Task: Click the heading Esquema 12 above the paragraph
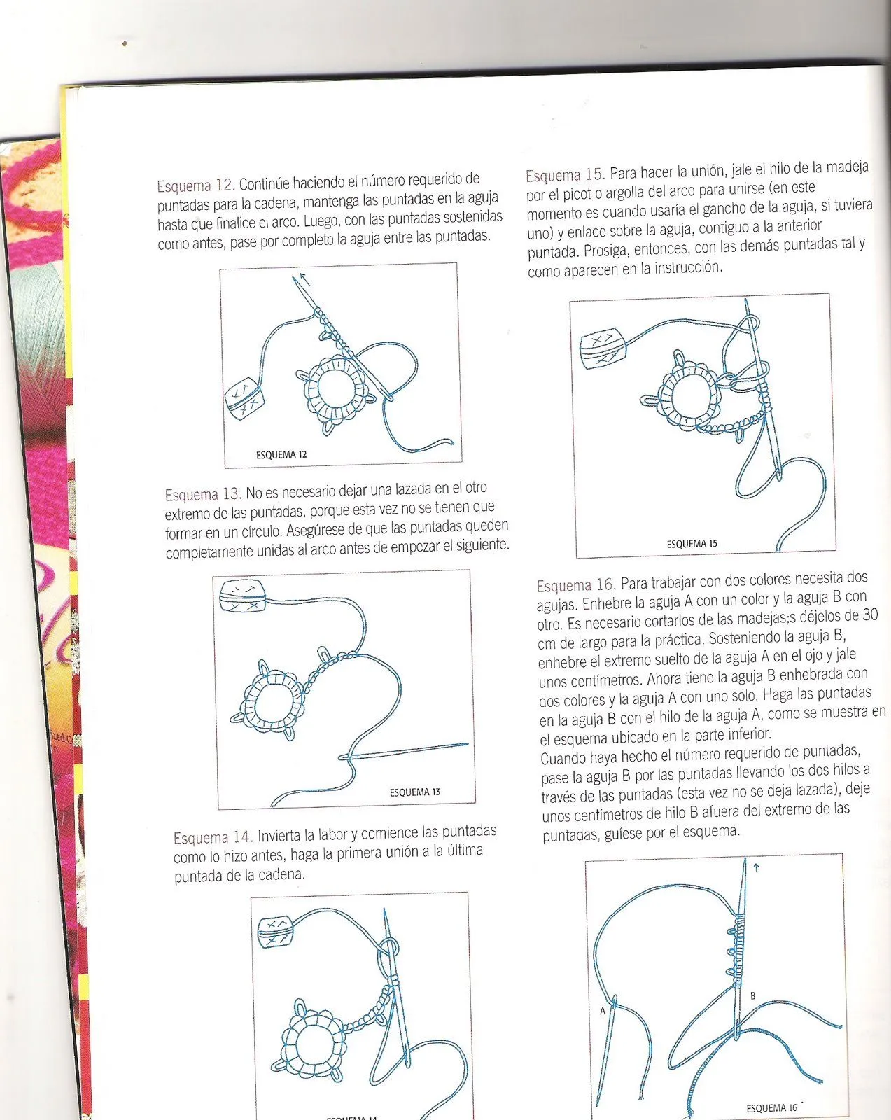click(194, 186)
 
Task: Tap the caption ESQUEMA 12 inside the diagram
click(281, 455)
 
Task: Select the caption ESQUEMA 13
click(415, 792)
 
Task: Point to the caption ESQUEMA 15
click(692, 544)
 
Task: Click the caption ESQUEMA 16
click(771, 1108)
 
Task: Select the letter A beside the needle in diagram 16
click(603, 1011)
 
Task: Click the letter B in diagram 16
click(753, 995)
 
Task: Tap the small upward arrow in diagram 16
click(756, 868)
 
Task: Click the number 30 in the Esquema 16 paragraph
click(870, 615)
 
